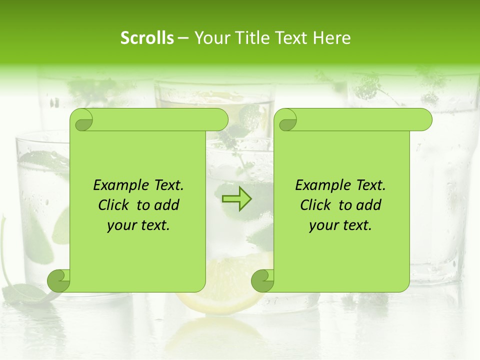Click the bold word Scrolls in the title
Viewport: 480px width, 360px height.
pos(147,38)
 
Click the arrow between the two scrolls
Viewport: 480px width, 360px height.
pos(236,199)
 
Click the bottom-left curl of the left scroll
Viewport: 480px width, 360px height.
pos(59,280)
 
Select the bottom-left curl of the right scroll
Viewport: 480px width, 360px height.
pos(263,280)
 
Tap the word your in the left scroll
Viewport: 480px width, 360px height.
pos(121,225)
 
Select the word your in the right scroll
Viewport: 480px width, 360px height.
pos(323,225)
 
